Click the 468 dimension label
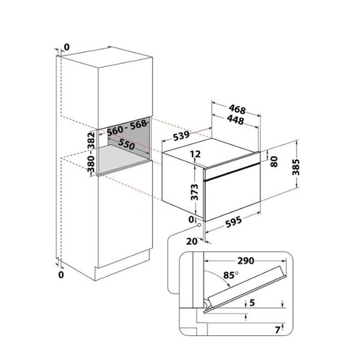tap(237, 109)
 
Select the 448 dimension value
tap(235, 120)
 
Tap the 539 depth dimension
tap(181, 135)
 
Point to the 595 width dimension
tap(233, 222)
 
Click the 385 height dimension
tap(295, 167)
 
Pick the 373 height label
tap(195, 192)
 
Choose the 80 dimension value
tap(274, 161)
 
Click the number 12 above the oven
tap(195, 154)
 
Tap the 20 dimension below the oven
tap(192, 241)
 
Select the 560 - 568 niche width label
tap(127, 128)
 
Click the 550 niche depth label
tap(126, 144)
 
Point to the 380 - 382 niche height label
tap(91, 152)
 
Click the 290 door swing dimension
tap(245, 261)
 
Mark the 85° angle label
tap(231, 275)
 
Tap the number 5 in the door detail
tap(252, 302)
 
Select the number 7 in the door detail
tap(278, 330)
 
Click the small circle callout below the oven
tap(199, 225)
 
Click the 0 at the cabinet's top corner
tap(66, 47)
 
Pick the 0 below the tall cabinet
tap(61, 275)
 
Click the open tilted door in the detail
tap(246, 289)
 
